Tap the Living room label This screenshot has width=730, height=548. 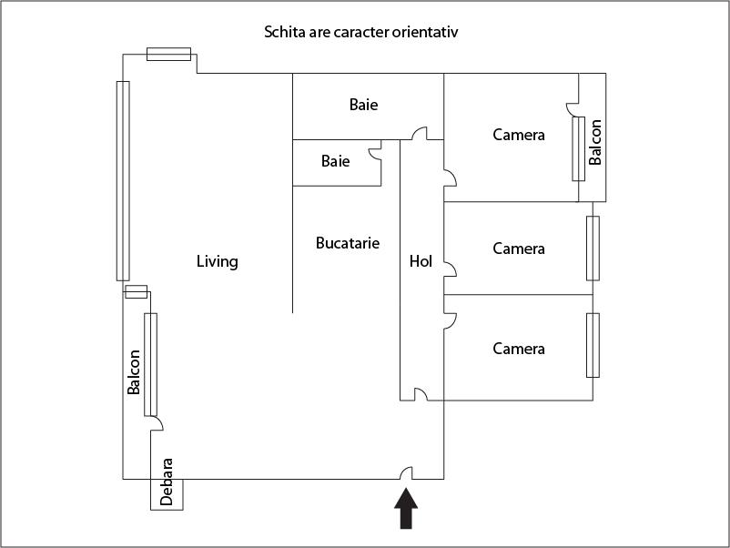pos(218,262)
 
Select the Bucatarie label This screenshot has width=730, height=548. pos(348,243)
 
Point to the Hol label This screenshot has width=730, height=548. pos(421,261)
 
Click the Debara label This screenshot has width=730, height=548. pos(167,481)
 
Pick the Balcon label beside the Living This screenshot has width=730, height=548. pos(135,371)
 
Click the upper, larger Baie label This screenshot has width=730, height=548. pos(363,105)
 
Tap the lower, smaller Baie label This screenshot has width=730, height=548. pos(335,162)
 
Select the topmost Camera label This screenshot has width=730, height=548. pos(519,135)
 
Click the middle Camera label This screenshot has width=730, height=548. pos(519,249)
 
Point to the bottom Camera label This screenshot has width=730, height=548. pos(519,349)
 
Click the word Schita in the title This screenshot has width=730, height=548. pos(284,33)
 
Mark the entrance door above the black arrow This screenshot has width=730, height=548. pos(407,472)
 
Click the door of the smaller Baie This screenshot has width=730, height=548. pos(374,154)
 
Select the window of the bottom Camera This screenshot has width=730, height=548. pos(593,345)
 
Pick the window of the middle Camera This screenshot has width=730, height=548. pos(593,248)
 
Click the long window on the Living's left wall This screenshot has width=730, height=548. pos(123,180)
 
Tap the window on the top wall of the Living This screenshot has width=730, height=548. pos(168,55)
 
